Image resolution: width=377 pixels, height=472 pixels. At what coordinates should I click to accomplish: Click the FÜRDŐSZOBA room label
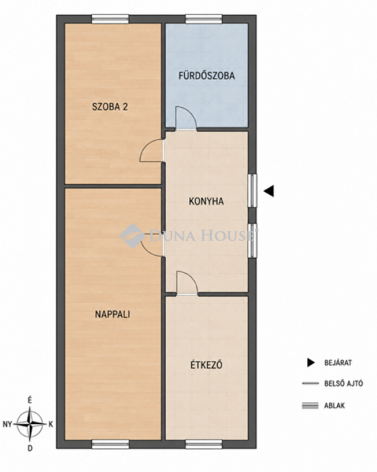tap(206, 75)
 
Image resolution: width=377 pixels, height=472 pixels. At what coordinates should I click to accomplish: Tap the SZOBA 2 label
tap(110, 106)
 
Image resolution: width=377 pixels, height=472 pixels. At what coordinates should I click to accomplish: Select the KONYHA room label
tap(206, 201)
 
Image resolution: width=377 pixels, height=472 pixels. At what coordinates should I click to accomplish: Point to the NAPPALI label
tap(112, 314)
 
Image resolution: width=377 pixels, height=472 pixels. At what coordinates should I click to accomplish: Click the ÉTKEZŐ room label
tap(206, 365)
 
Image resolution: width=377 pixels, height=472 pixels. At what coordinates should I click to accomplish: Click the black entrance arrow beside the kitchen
tap(269, 191)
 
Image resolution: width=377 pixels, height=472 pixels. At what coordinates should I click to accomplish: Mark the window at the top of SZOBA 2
tap(111, 19)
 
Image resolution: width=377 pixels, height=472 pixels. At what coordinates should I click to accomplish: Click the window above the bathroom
tap(204, 19)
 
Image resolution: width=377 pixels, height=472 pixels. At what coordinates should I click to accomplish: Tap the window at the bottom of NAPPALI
tap(111, 444)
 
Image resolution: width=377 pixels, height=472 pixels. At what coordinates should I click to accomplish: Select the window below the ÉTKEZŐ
tap(204, 444)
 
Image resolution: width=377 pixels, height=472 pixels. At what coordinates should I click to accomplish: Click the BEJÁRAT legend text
tap(338, 363)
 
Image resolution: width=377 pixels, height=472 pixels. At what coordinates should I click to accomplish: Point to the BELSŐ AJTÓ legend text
tap(344, 383)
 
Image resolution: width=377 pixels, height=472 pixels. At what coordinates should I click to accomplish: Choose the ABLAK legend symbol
tap(310, 406)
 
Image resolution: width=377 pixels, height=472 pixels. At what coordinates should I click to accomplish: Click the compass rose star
tap(29, 424)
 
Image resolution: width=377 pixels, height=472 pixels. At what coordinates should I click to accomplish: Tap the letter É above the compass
tap(29, 400)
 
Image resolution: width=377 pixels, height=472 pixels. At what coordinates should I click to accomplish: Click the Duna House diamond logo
tap(132, 236)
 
